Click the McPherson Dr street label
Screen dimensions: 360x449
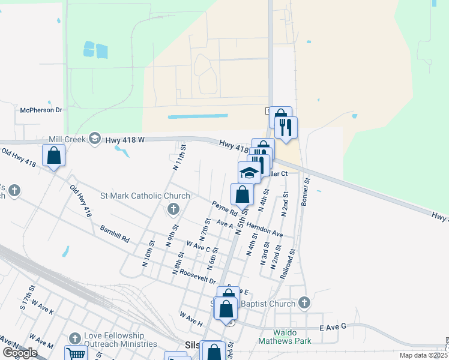[x=41, y=110]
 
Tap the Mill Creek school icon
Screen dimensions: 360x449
[x=94, y=139]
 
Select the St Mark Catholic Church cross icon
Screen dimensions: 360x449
[x=173, y=209]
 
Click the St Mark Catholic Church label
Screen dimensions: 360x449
[x=145, y=196]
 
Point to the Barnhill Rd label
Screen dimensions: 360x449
[x=115, y=235]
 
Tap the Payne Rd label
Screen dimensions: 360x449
[x=225, y=209]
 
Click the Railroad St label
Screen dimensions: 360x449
[x=289, y=264]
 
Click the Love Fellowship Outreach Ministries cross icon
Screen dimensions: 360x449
[x=75, y=339]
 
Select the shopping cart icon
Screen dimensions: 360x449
[x=76, y=354]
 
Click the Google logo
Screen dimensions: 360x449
[x=20, y=353]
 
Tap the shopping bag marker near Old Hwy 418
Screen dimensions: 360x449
[x=53, y=155]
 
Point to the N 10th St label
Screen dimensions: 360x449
[x=147, y=254]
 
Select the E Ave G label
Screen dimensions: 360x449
[x=334, y=326]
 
